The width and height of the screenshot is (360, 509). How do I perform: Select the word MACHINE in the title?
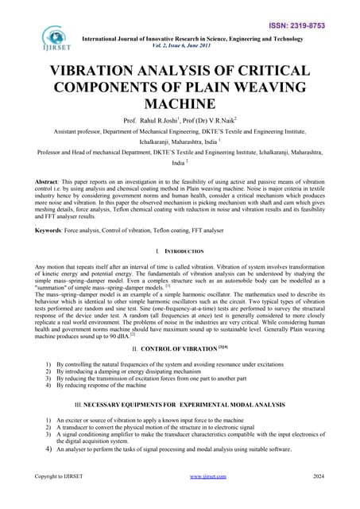(180, 103)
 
